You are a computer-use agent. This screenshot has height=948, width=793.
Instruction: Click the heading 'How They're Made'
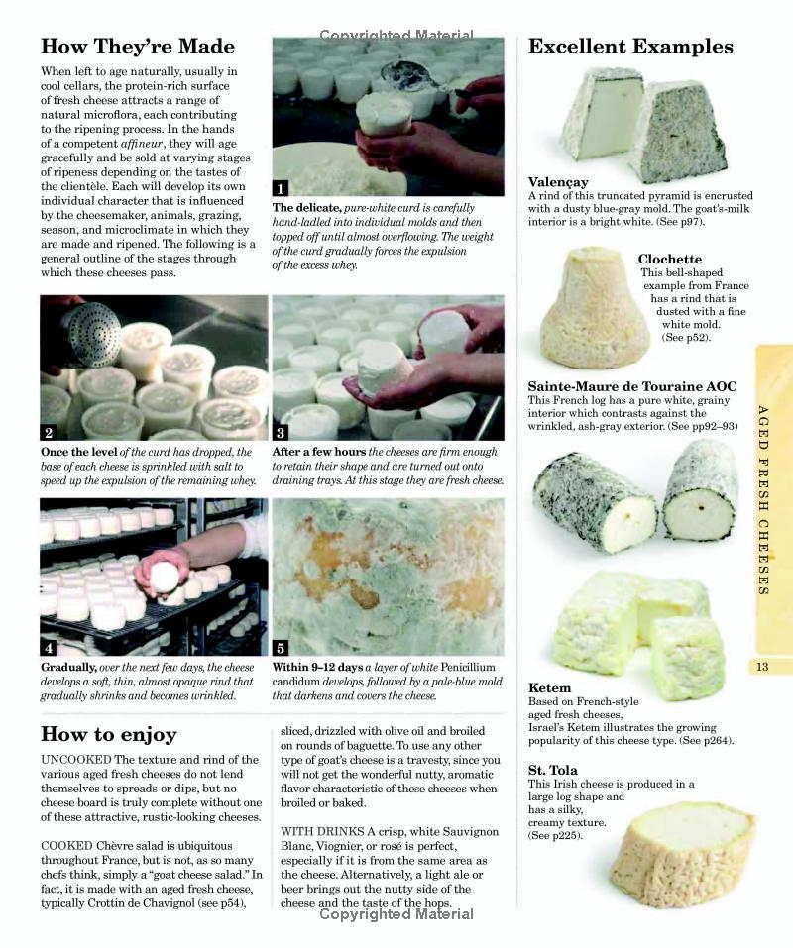(138, 47)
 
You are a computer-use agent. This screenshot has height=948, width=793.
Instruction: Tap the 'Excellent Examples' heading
(630, 47)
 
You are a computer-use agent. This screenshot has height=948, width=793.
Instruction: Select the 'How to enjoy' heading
(109, 734)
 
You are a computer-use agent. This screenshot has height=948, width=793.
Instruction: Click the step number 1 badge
(282, 188)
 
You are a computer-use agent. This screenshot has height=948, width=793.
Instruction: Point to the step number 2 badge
(49, 432)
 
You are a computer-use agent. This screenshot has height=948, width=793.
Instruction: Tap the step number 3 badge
(282, 432)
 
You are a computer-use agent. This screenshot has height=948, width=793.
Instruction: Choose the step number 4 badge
(49, 648)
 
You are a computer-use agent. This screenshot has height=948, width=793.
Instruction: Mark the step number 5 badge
(282, 648)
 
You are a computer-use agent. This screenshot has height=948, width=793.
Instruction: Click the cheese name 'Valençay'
(558, 182)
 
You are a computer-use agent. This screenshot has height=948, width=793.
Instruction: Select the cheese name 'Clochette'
(669, 260)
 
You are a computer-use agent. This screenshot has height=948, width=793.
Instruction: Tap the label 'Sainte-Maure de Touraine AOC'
(631, 386)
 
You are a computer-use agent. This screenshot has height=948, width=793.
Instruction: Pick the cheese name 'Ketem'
(549, 687)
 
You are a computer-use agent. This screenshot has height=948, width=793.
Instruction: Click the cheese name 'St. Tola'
(553, 770)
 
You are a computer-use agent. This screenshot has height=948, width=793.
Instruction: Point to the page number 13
(761, 667)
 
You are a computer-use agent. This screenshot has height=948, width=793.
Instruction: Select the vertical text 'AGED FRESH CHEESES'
(762, 500)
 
